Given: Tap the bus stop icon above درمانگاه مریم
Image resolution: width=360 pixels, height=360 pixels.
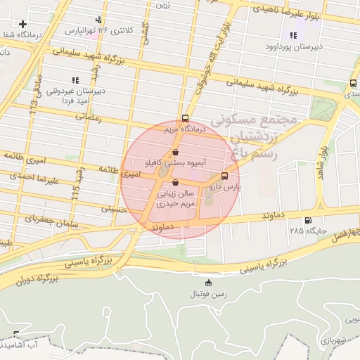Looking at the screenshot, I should (x=185, y=118).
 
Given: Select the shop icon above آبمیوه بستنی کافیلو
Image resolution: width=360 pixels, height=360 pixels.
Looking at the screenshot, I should (x=175, y=151).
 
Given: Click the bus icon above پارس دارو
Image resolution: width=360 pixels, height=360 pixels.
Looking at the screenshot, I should (x=224, y=176).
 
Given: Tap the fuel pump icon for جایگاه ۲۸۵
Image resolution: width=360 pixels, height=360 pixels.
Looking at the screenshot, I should (x=307, y=220).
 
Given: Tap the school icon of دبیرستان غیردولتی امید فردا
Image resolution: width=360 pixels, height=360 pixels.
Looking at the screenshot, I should (x=75, y=80).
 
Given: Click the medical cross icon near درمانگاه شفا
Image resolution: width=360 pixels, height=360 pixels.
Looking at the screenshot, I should (x=23, y=24).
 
